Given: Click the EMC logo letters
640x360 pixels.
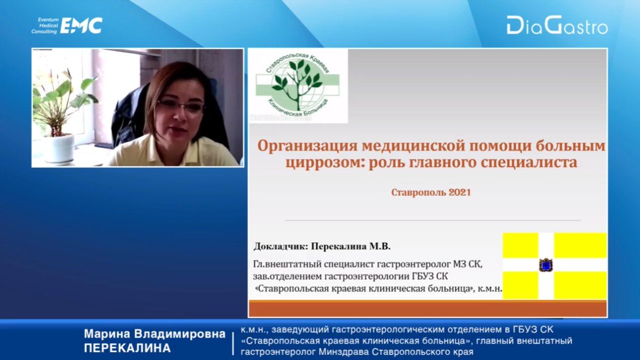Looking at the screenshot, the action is pyautogui.click(x=81, y=25).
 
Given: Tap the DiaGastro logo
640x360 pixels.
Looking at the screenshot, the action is pyautogui.click(x=557, y=25).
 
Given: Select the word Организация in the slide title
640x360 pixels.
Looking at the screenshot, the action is pyautogui.click(x=307, y=146).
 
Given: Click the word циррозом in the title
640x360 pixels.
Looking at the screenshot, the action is pyautogui.click(x=325, y=163).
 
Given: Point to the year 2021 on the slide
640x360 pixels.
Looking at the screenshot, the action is pyautogui.click(x=459, y=192).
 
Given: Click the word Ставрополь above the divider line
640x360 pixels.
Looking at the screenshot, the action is pyautogui.click(x=418, y=192).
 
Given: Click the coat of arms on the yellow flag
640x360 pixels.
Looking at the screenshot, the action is pyautogui.click(x=546, y=265).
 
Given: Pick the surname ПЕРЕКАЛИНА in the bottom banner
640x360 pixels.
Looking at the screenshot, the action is pyautogui.click(x=127, y=348).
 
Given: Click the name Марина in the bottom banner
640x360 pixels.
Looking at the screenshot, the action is pyautogui.click(x=107, y=334).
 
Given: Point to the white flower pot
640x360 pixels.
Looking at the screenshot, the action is pyautogui.click(x=59, y=148).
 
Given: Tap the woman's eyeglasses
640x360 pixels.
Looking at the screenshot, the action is pyautogui.click(x=181, y=107).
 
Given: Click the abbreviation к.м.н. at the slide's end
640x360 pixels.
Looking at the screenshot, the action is pyautogui.click(x=490, y=289).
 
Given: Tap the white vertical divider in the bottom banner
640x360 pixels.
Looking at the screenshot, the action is pyautogui.click(x=233, y=343).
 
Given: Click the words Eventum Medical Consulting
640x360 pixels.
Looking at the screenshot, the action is pyautogui.click(x=45, y=26).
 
